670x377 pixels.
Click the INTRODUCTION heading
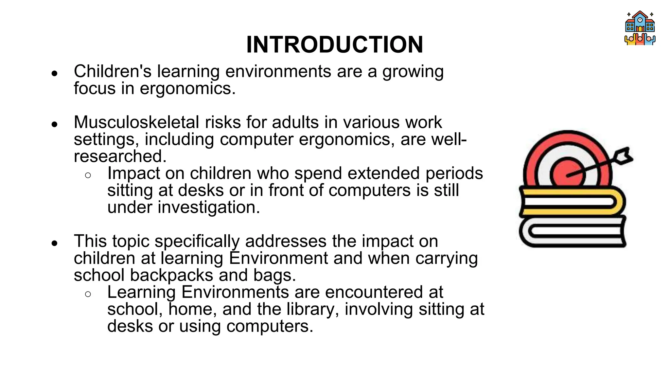pos(335,45)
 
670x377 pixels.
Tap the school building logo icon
pos(640,28)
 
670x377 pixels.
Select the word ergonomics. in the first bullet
pos(187,88)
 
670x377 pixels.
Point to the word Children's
pos(112,71)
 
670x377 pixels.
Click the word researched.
pos(120,156)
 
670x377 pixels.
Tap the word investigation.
pos(209,207)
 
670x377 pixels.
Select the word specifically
pos(197,242)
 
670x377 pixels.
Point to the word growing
pos(413,72)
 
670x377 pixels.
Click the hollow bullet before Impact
pos(88,175)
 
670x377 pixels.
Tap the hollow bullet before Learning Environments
pos(88,294)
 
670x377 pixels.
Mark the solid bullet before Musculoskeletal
pos(55,124)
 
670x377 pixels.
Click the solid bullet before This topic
pos(55,243)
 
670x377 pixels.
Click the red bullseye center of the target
pos(567,174)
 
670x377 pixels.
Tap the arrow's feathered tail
pos(623,156)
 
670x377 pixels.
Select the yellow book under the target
pos(573,202)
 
